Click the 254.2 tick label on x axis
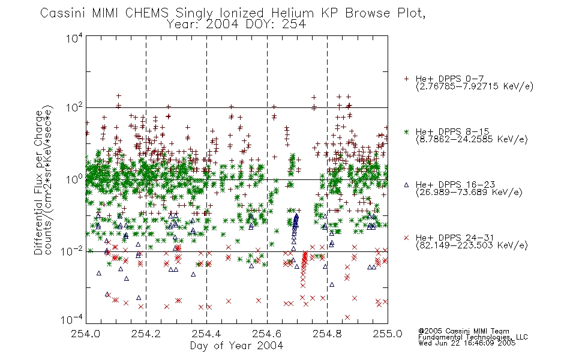click(146, 334)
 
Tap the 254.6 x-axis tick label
click(267, 334)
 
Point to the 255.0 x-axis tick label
click(388, 334)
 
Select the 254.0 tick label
click(85, 334)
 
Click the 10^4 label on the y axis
click(74, 38)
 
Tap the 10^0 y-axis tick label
click(74, 179)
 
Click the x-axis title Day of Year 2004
click(236, 346)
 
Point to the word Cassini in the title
click(63, 13)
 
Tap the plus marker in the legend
click(406, 79)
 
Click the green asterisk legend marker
click(406, 131)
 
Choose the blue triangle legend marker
click(406, 185)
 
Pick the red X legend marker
click(406, 238)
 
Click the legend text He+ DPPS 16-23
click(455, 184)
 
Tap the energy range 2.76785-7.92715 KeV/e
click(475, 86)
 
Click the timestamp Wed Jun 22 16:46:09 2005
click(467, 343)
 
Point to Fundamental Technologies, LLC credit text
click(473, 337)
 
